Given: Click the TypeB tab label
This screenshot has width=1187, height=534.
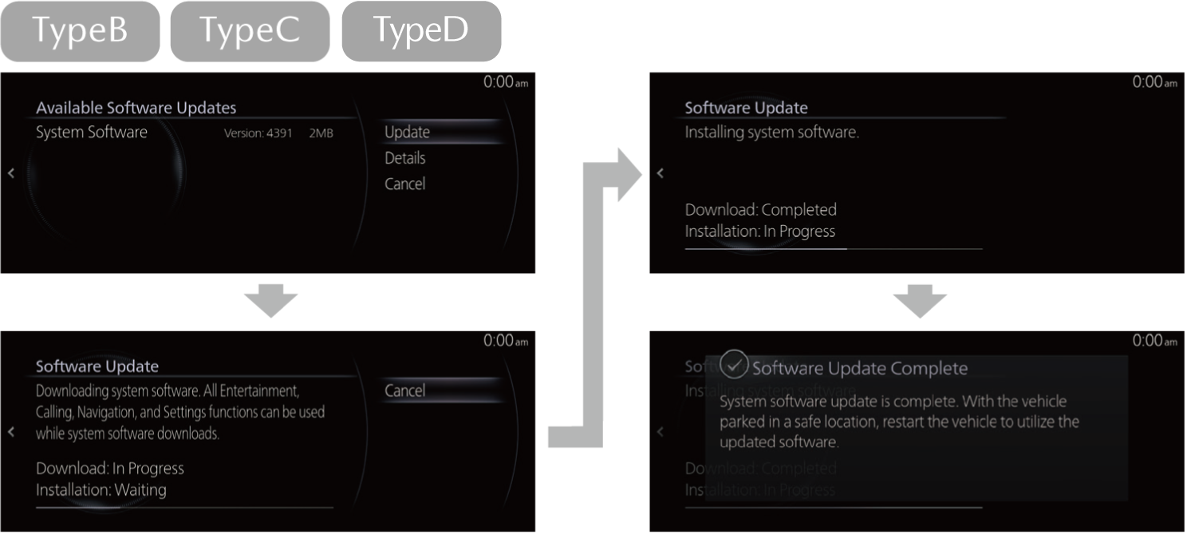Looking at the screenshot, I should tap(80, 31).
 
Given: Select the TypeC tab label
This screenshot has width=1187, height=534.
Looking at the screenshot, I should tap(250, 31).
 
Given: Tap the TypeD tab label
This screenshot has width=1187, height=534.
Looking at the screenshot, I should tap(421, 31).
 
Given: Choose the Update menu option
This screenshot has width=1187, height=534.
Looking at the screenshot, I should tap(407, 133).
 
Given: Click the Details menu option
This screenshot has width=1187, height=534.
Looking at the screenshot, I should tap(404, 158).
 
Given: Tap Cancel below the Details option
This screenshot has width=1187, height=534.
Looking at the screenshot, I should tap(404, 184).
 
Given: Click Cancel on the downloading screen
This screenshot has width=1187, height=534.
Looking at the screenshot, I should tap(404, 390).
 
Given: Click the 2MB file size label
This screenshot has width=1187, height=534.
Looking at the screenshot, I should tap(321, 133).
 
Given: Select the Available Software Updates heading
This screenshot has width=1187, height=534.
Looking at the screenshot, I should tap(136, 108).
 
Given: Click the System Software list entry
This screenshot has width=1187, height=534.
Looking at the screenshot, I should tap(92, 133).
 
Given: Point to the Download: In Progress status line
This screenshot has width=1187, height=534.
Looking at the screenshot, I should tap(110, 469).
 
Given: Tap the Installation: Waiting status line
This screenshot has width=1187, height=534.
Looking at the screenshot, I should tap(101, 489).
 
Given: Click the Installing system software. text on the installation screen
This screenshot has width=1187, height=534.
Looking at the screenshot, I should tap(771, 133).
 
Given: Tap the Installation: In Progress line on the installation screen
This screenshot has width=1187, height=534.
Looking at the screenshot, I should tap(759, 231).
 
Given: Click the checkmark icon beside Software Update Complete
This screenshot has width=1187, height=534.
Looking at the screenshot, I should tap(734, 365).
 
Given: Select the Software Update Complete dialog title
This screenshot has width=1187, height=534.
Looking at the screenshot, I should tap(859, 368).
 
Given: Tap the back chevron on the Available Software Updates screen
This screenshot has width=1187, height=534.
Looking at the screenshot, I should tap(11, 173).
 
